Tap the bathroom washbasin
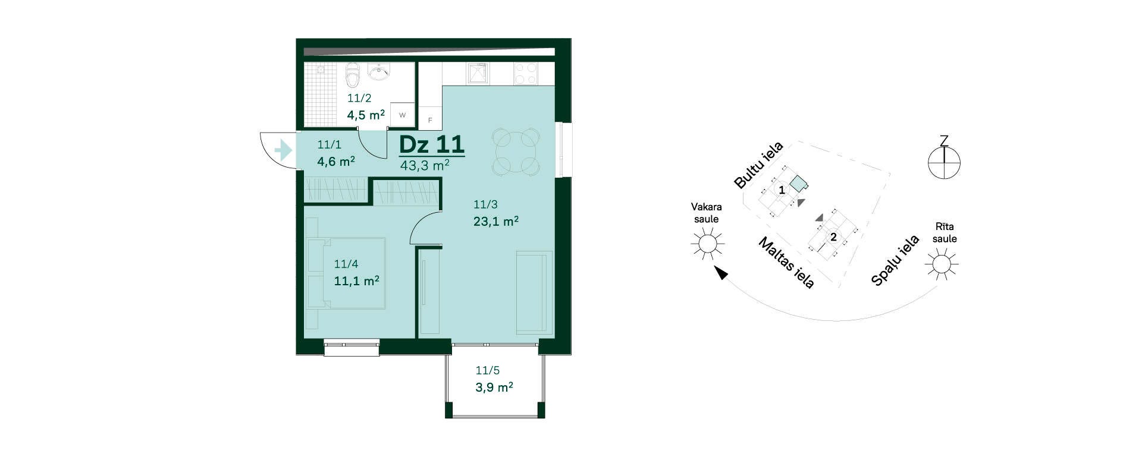point(378,71)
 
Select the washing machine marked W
point(402,115)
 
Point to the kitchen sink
point(478,73)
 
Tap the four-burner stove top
point(526,74)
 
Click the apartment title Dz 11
point(431,144)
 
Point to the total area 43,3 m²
point(425,165)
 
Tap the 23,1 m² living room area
point(496,222)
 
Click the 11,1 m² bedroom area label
point(356,280)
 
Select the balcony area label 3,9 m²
point(494,387)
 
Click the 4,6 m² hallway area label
point(336,161)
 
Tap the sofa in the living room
point(534,292)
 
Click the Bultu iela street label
point(758,165)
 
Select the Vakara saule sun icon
point(707,244)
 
